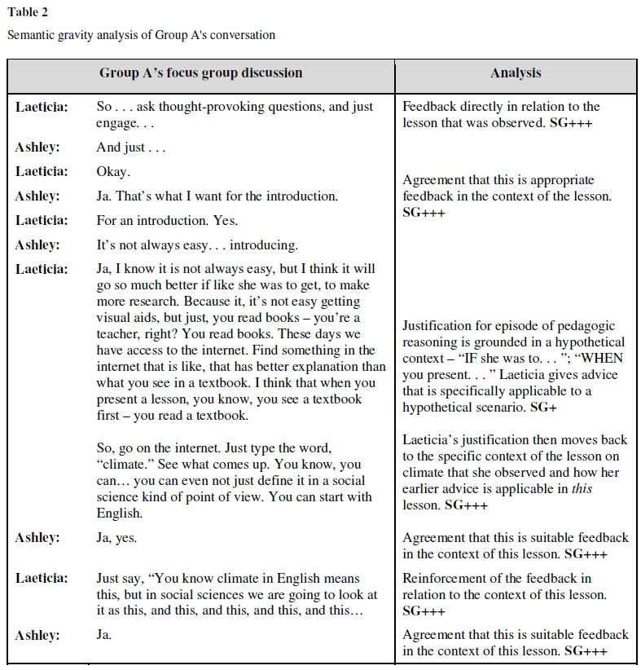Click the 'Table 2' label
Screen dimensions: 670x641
tap(26, 12)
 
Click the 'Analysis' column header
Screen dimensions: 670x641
tap(516, 73)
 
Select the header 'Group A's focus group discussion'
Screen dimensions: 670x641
tap(200, 73)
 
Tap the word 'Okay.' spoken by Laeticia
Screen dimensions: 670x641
tap(113, 172)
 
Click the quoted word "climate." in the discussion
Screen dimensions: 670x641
tap(122, 465)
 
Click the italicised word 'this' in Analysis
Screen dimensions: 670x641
tap(582, 489)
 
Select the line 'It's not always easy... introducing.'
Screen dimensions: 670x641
tap(197, 245)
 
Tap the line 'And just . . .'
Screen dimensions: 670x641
tap(131, 148)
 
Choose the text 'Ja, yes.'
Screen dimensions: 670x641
tap(116, 538)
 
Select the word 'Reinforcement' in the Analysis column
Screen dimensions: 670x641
tap(444, 579)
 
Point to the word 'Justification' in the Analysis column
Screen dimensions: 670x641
tap(441, 326)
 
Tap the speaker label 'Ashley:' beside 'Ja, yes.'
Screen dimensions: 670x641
tap(37, 538)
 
